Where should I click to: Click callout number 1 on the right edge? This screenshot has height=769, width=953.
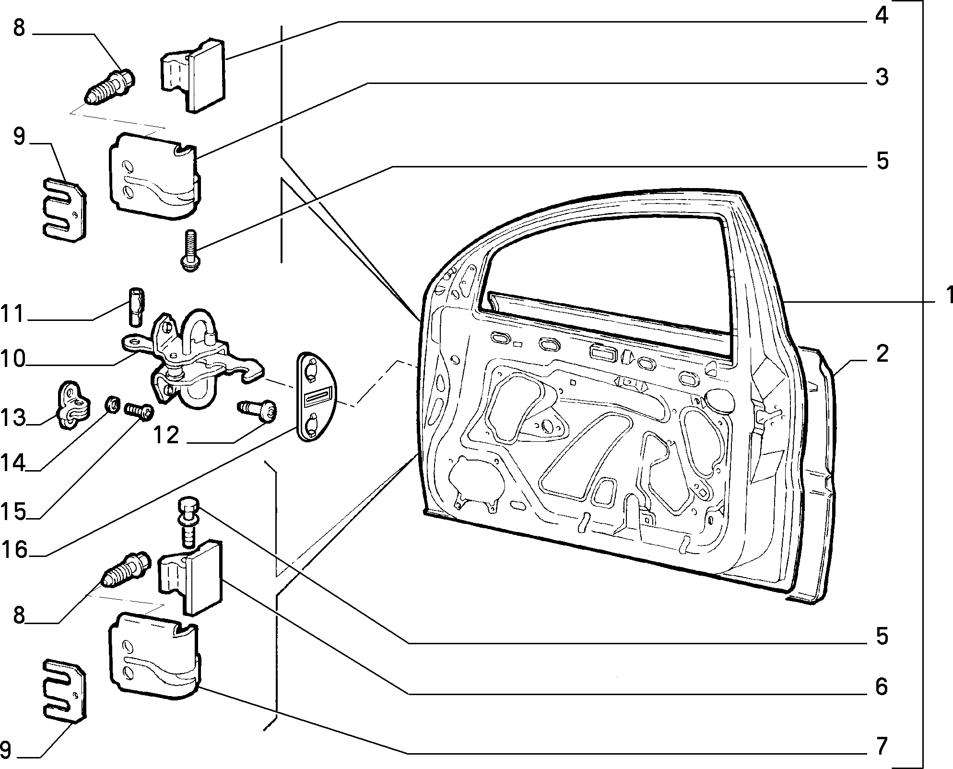[x=946, y=296]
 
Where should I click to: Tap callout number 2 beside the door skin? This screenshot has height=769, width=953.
[x=882, y=354]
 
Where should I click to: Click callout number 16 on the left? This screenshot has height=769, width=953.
[x=14, y=550]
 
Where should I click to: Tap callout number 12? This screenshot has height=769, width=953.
[x=166, y=435]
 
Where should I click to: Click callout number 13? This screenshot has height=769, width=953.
[x=13, y=417]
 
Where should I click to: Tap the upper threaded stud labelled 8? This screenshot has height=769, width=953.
[x=110, y=87]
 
